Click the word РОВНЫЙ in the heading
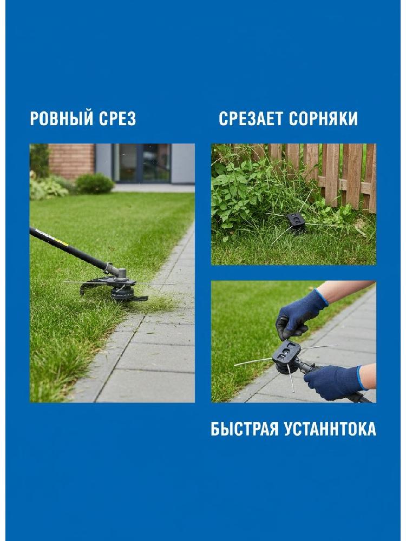tap(62, 118)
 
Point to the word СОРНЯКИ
tap(323, 118)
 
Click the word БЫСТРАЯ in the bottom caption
tap(245, 429)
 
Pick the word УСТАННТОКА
tap(330, 429)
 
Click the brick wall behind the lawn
tap(71, 161)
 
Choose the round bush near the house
tap(94, 183)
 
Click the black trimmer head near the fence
tap(296, 222)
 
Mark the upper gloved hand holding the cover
tap(299, 315)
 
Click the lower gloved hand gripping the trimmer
tap(333, 382)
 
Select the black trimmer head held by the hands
tap(286, 357)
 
